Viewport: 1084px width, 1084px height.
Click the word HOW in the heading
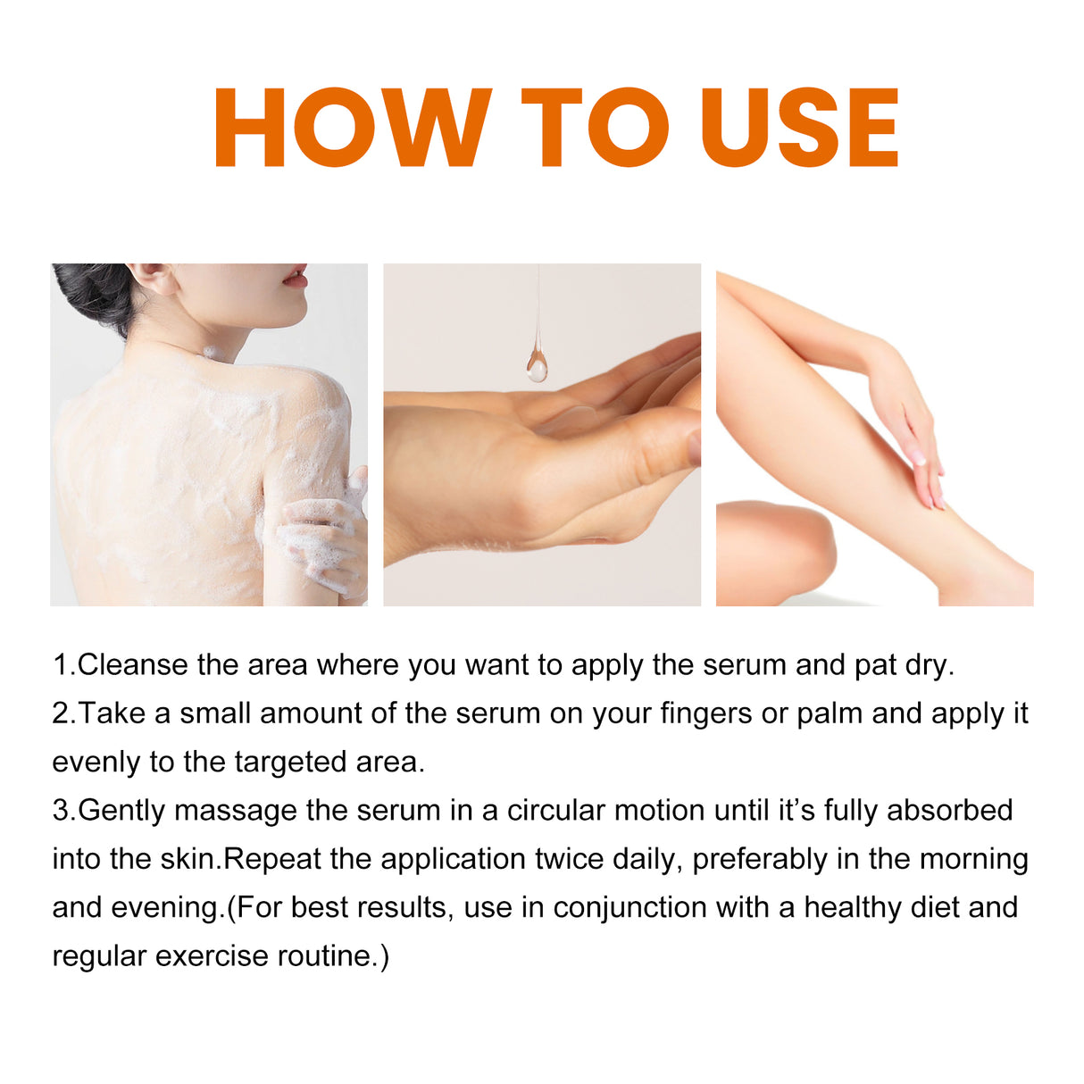point(352,128)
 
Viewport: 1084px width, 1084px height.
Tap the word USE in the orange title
point(799,128)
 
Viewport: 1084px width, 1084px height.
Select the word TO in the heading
point(595,128)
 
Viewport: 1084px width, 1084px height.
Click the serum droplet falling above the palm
point(537,363)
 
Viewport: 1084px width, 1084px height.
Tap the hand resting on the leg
point(911,429)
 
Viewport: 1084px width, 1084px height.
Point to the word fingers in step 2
point(705,714)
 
